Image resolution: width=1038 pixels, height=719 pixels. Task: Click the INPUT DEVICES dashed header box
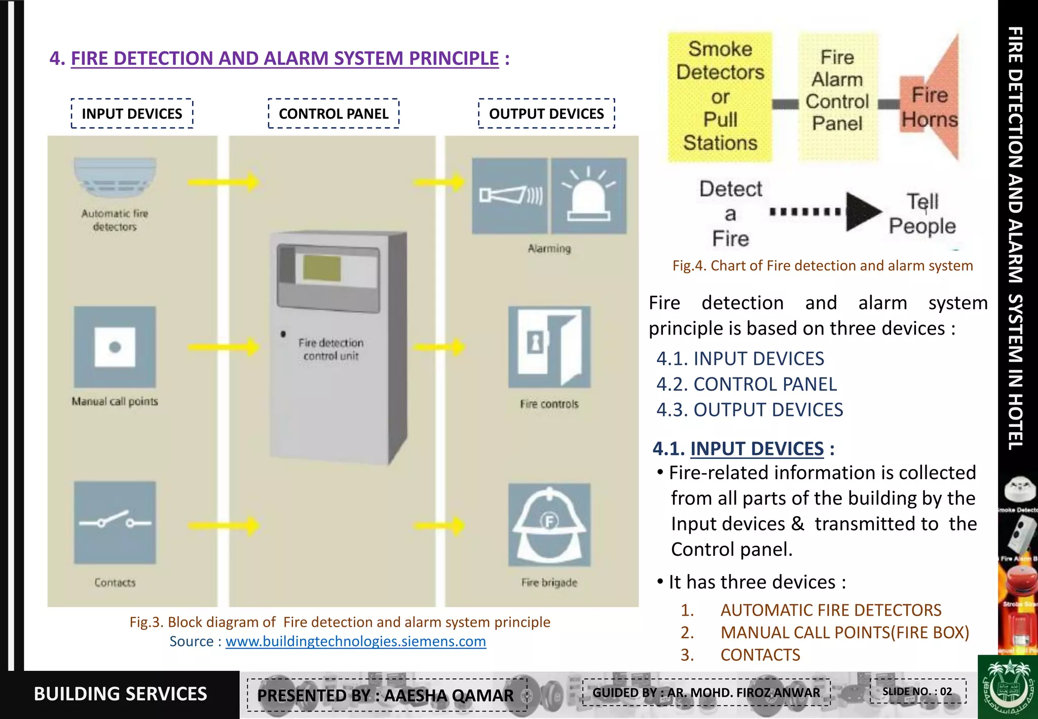[132, 114]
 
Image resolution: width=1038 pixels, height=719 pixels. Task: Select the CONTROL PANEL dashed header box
[333, 114]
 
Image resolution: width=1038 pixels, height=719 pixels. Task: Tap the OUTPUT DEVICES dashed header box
[546, 114]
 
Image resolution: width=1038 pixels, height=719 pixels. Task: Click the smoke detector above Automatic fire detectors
[115, 177]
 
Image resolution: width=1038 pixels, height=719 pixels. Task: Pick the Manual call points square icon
[115, 347]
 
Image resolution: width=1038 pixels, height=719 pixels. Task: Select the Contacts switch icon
[115, 522]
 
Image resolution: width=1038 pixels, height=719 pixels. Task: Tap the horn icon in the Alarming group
[510, 196]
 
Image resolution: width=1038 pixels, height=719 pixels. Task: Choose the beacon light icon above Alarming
[589, 196]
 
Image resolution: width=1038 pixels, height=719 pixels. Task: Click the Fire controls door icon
[549, 347]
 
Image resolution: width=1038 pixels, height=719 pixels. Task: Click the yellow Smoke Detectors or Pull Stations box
[720, 96]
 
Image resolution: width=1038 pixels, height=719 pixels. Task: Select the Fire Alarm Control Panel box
[837, 96]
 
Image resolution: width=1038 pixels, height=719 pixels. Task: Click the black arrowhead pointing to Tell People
[862, 212]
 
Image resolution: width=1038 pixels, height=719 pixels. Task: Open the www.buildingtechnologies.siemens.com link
[355, 641]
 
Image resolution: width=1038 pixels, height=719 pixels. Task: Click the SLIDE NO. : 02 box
[917, 692]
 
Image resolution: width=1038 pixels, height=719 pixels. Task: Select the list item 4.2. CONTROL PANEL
[747, 384]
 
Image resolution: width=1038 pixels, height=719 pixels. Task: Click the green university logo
[1007, 687]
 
